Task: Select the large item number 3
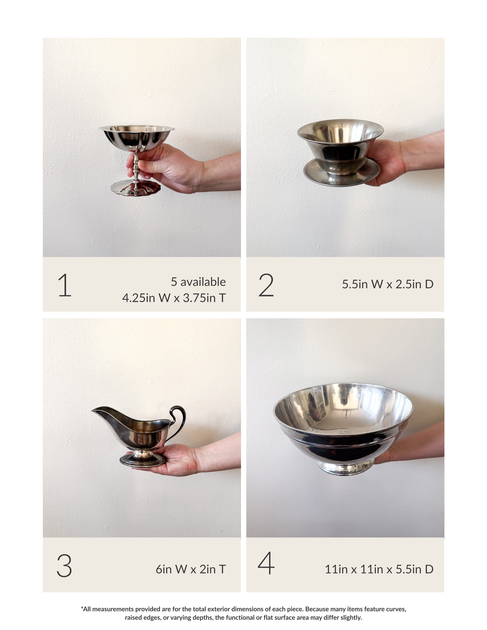(x=64, y=566)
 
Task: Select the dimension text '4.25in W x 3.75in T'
(x=174, y=298)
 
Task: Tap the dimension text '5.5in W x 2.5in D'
(x=388, y=284)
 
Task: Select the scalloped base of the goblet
(x=136, y=188)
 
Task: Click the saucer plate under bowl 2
(x=342, y=173)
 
